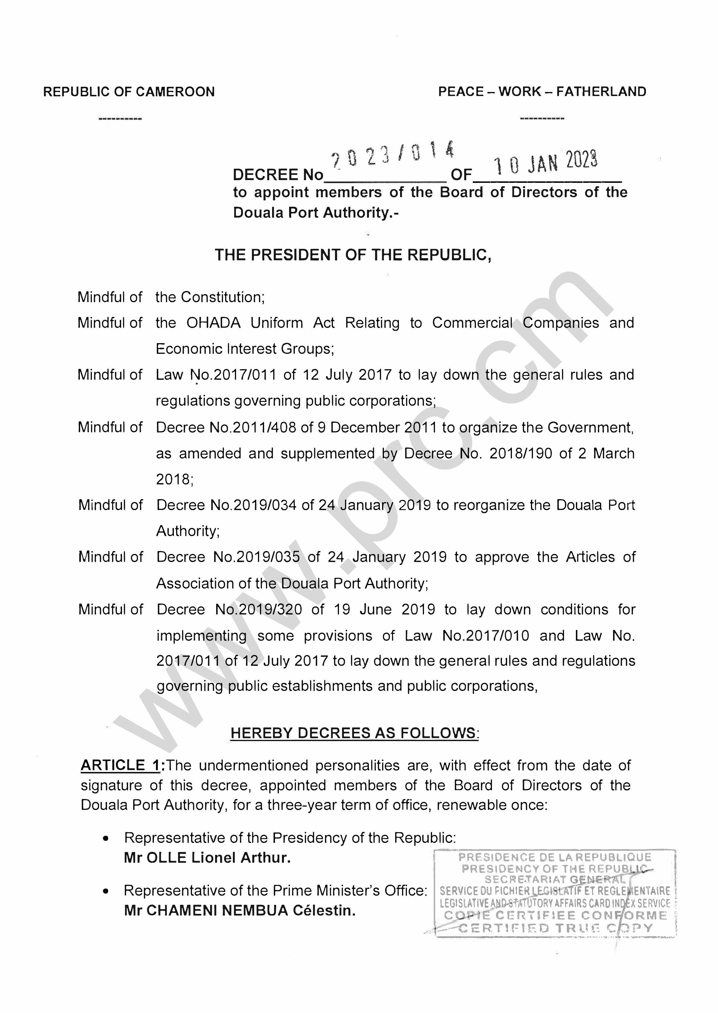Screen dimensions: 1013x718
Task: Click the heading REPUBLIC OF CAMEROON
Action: click(x=129, y=92)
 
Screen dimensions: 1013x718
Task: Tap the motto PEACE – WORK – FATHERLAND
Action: click(x=542, y=92)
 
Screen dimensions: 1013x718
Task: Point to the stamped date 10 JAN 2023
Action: click(x=546, y=162)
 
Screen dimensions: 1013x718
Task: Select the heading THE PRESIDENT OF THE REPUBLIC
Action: click(x=353, y=255)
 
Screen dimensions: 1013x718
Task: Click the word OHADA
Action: click(x=214, y=323)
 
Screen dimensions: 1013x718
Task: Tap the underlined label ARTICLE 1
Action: click(x=120, y=766)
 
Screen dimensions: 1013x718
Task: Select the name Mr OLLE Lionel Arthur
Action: click(x=207, y=858)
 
